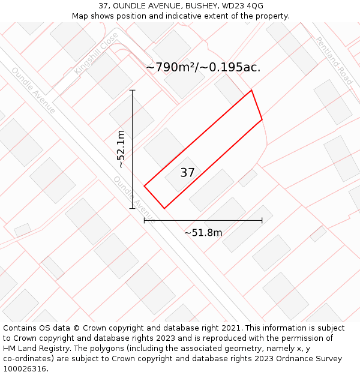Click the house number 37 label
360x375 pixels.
[x=187, y=173]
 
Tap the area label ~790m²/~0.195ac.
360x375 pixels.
[x=203, y=67]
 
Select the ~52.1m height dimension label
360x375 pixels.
[x=121, y=149]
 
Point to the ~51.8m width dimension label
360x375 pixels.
[x=203, y=232]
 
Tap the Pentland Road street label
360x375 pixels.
[x=334, y=60]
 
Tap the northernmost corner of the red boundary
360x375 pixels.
[x=251, y=91]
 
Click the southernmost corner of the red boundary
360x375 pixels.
[x=164, y=208]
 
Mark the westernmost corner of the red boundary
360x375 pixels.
[x=144, y=186]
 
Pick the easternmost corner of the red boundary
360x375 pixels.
[x=262, y=120]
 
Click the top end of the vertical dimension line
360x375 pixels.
[x=133, y=91]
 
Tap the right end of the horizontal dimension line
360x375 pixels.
[x=262, y=220]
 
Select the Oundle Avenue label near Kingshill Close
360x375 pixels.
[x=33, y=90]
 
